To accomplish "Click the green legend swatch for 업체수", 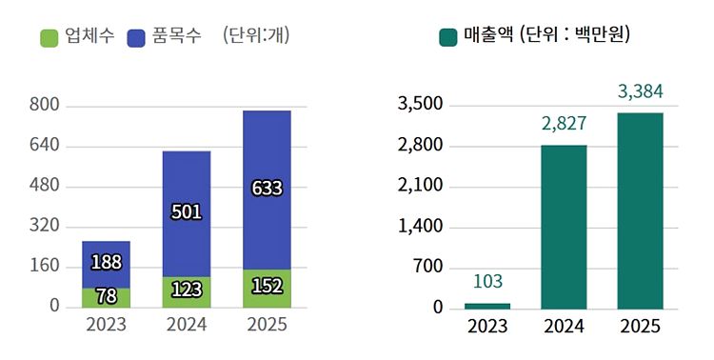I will click(50, 37).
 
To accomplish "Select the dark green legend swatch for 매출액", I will click(448, 37).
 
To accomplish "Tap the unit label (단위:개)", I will click(256, 36).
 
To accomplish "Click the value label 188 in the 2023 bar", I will click(106, 262).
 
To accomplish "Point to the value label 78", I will click(106, 295).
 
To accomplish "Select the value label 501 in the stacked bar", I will click(186, 211).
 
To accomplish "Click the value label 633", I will click(267, 188).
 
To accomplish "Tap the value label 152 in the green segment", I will click(267, 286).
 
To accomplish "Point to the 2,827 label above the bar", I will click(564, 123).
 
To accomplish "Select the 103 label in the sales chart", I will click(486, 281).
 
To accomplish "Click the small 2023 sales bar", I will click(486, 306).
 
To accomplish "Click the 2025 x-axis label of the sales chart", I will click(640, 327).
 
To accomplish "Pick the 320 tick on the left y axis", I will click(46, 226).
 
